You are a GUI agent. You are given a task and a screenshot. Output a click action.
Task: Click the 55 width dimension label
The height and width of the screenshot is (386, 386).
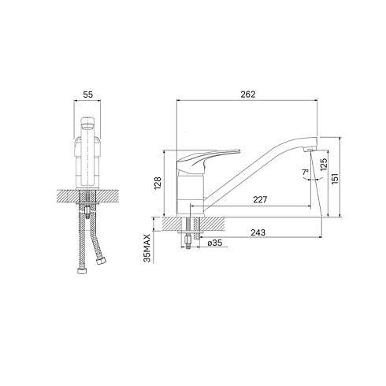click(88, 95)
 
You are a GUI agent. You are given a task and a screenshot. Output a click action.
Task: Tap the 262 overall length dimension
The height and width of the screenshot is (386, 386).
click(248, 95)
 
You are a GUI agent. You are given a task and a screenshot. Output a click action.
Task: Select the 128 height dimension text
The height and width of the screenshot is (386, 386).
click(158, 183)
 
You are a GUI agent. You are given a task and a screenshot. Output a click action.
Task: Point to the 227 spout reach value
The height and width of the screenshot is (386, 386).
click(260, 199)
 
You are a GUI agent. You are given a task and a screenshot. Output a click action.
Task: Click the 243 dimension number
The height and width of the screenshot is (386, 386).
click(258, 232)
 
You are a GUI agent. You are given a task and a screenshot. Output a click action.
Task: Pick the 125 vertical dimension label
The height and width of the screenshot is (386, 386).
click(324, 165)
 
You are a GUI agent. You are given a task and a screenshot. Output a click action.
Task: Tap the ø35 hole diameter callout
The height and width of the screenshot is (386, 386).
click(215, 243)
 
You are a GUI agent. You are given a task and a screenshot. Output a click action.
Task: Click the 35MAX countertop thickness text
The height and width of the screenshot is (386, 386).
click(147, 248)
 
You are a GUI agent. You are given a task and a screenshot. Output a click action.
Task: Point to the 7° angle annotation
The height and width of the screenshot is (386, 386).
click(306, 173)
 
